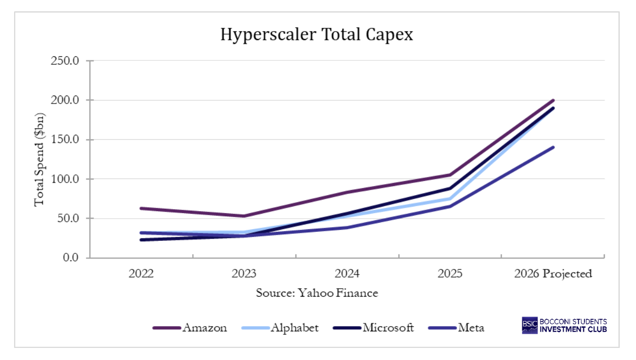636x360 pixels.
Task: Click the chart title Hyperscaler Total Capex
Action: (316, 35)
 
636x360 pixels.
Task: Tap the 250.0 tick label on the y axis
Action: (65, 61)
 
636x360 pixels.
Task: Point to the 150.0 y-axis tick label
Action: (65, 140)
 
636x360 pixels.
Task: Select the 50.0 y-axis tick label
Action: (68, 218)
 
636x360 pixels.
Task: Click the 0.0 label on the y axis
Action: (71, 257)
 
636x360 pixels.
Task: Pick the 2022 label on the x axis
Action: (141, 274)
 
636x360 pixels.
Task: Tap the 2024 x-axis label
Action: (347, 274)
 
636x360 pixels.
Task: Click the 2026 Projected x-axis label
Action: (553, 274)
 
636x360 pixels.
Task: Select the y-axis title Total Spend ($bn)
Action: (39, 160)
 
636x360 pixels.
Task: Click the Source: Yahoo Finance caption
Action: (317, 293)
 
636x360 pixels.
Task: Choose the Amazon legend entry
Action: (190, 328)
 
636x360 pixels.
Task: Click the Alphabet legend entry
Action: (280, 328)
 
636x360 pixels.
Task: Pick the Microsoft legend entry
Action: (373, 328)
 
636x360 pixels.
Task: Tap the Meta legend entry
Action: (456, 328)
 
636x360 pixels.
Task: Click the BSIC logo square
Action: (529, 325)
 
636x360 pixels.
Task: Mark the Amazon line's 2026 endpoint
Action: (553, 101)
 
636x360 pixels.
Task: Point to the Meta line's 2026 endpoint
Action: (553, 147)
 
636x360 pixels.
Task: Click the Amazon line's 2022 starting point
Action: (141, 209)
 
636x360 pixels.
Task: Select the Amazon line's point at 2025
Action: (450, 175)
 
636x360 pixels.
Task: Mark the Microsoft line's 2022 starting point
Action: (141, 240)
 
